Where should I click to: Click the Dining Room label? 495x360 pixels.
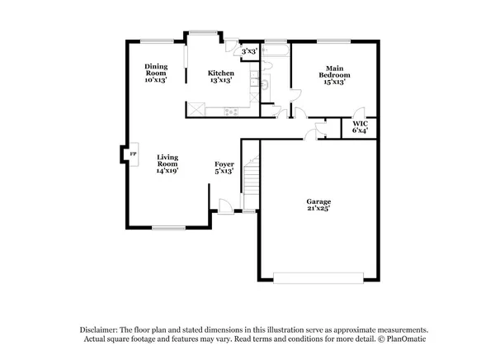156,73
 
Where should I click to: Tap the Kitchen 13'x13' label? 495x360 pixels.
221,77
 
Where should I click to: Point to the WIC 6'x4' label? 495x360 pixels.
360,126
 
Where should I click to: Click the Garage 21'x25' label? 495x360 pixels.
318,206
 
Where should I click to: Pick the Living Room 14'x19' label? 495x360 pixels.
168,161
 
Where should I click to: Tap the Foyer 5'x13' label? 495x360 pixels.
224,168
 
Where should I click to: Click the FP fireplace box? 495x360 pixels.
131,154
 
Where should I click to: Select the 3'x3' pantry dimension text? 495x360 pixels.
249,51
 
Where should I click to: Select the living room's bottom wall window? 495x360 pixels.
168,227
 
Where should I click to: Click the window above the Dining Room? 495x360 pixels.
156,40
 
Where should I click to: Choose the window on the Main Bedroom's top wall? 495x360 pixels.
334,40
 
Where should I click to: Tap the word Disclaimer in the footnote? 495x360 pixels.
99,328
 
